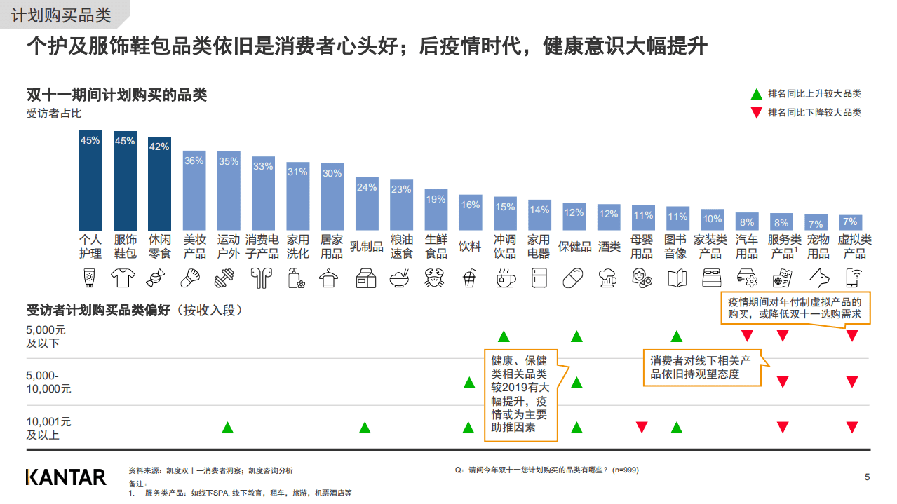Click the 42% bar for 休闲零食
click(x=159, y=184)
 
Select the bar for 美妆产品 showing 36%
click(x=194, y=191)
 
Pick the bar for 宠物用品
click(x=816, y=223)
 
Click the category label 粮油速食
click(x=401, y=247)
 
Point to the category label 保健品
click(x=574, y=247)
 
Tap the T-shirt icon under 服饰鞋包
click(x=125, y=278)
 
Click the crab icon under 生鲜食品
click(x=436, y=278)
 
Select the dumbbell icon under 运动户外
click(x=228, y=278)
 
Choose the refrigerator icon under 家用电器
click(x=539, y=278)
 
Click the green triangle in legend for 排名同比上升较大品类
click(x=756, y=94)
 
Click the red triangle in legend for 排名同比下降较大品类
click(x=756, y=113)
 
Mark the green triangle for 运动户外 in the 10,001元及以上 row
click(x=227, y=428)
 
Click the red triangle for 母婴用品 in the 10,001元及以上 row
click(x=641, y=428)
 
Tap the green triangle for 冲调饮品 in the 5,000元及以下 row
click(x=504, y=336)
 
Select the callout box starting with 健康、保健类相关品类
click(x=520, y=395)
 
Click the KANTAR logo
click(x=66, y=477)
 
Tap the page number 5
click(x=867, y=477)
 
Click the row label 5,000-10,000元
click(x=48, y=382)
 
